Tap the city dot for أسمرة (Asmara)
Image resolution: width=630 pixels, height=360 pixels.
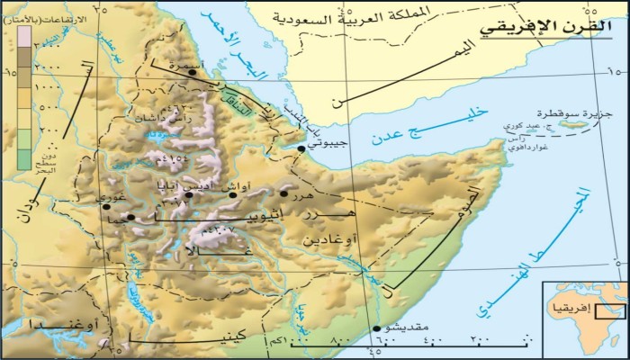[x=192, y=72]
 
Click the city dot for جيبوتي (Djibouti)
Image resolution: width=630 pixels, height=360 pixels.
[x=301, y=148]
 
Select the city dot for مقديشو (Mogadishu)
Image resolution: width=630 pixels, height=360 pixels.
[x=376, y=328]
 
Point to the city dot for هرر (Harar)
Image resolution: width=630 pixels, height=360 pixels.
[x=283, y=193]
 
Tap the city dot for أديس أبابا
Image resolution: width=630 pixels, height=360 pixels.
[x=189, y=194]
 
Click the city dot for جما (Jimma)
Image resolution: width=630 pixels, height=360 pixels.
[x=130, y=217]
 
